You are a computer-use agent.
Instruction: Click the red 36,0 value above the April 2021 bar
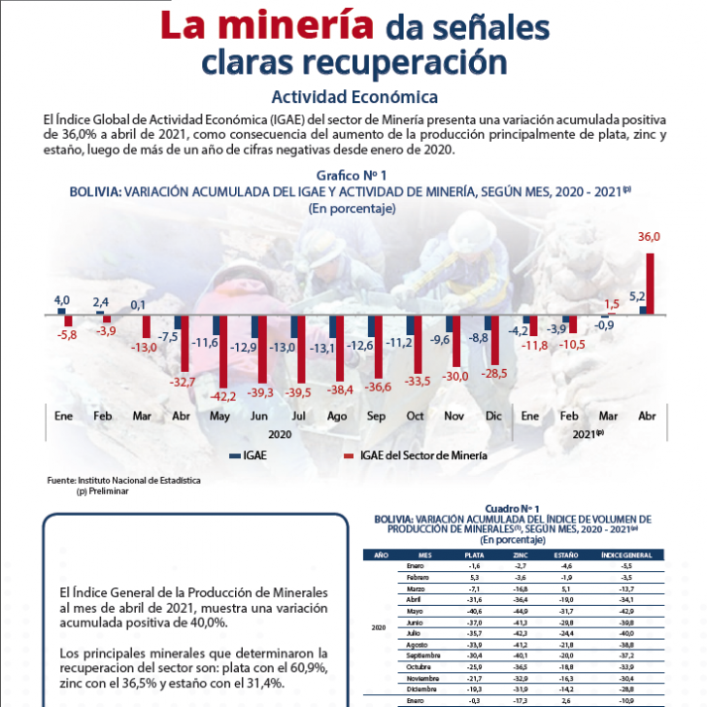[649, 237]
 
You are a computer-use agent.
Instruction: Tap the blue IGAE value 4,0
[61, 301]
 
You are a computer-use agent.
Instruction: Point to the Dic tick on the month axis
[491, 415]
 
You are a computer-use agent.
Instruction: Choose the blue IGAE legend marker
[234, 454]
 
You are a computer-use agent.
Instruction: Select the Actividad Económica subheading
[353, 97]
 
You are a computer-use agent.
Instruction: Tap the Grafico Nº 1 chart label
[352, 175]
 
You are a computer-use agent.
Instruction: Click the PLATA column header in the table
[474, 555]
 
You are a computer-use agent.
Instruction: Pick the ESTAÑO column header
[566, 555]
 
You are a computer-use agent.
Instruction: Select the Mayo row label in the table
[416, 612]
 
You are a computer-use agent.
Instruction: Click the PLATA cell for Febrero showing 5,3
[474, 577]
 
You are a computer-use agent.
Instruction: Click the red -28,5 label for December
[495, 374]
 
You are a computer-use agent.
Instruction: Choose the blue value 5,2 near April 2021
[638, 296]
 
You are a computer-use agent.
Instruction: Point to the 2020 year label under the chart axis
[280, 434]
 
